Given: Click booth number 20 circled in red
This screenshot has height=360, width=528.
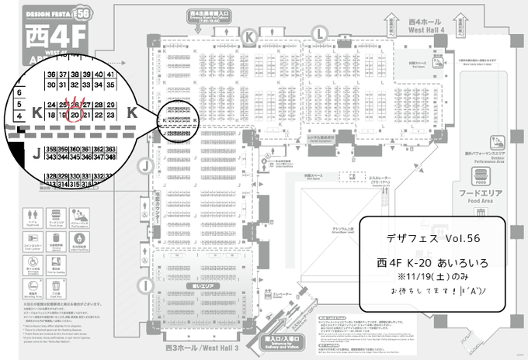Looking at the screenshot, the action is pyautogui.click(x=75, y=115).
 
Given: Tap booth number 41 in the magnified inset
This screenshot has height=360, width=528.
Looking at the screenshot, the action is pyautogui.click(x=111, y=74).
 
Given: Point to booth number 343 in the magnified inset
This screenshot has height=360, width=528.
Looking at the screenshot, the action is pyautogui.click(x=51, y=157).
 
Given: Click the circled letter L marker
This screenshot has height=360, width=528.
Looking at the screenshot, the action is pyautogui.click(x=318, y=33).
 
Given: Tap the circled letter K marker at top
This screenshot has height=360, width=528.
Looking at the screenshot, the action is pyautogui.click(x=249, y=36).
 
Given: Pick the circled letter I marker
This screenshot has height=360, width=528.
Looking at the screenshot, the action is pyautogui.click(x=146, y=286).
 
